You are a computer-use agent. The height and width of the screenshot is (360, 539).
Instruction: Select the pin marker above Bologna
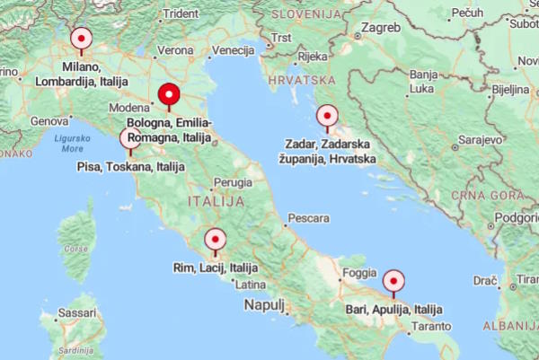click(168, 94)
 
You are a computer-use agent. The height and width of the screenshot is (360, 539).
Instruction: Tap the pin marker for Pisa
click(130, 139)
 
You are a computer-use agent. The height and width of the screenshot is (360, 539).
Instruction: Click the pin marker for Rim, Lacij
click(215, 240)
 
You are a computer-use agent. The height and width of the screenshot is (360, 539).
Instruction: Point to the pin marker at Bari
click(393, 281)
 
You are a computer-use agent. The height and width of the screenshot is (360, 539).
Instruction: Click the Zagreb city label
click(381, 28)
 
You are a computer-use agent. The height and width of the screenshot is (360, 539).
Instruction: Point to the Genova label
click(49, 120)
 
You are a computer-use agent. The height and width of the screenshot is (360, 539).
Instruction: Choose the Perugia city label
click(233, 182)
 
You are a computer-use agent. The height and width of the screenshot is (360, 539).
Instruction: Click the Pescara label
click(307, 218)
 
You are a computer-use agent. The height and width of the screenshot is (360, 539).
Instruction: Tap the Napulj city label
click(264, 305)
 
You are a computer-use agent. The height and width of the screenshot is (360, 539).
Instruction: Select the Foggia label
click(359, 272)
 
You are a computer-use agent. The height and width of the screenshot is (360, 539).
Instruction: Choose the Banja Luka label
click(421, 82)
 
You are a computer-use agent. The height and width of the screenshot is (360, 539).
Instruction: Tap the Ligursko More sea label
click(72, 144)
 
